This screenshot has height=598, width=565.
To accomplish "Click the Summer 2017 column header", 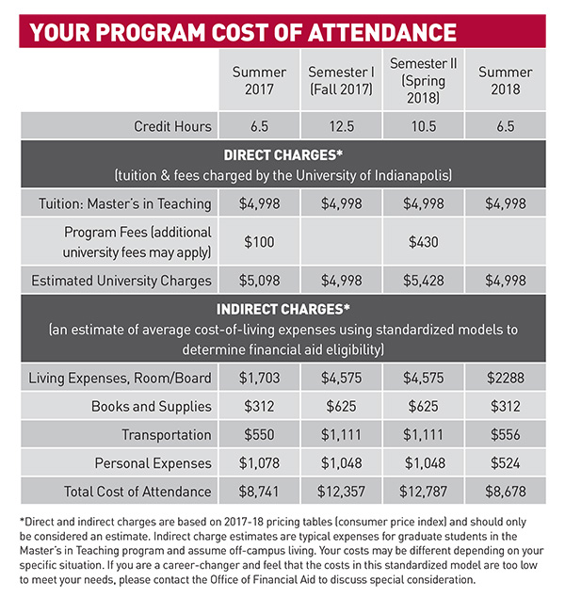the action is click(x=259, y=80).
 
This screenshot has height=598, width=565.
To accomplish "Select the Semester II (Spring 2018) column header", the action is click(x=423, y=80).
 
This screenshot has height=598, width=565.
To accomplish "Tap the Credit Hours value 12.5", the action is click(x=342, y=126).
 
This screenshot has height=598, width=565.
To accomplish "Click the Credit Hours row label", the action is click(x=172, y=126).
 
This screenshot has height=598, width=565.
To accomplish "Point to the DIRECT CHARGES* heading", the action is click(x=282, y=155).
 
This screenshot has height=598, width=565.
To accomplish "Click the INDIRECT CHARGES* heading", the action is click(x=282, y=309).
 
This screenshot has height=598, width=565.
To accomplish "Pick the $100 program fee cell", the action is click(x=259, y=242).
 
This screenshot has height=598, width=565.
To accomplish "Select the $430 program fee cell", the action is click(x=423, y=242).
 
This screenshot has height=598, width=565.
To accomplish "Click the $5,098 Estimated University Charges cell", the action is click(x=259, y=281).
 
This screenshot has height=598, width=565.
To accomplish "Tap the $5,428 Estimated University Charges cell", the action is click(x=423, y=281).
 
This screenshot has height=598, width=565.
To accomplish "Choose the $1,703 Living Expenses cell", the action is click(x=259, y=378).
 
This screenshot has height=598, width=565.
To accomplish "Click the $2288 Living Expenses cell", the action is click(x=505, y=378).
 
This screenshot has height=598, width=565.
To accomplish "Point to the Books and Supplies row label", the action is click(x=152, y=407).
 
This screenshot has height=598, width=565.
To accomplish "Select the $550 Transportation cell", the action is click(x=259, y=435).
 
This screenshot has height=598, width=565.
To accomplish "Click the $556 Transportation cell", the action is click(x=505, y=435).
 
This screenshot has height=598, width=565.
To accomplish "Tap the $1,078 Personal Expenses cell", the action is click(x=259, y=463).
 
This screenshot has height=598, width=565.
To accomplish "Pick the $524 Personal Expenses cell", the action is click(x=505, y=463).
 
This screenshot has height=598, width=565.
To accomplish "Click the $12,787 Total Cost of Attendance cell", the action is click(x=423, y=492).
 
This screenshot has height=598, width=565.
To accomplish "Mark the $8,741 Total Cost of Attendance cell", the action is click(x=259, y=492).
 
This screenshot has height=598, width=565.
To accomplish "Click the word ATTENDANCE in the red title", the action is click(x=382, y=32).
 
